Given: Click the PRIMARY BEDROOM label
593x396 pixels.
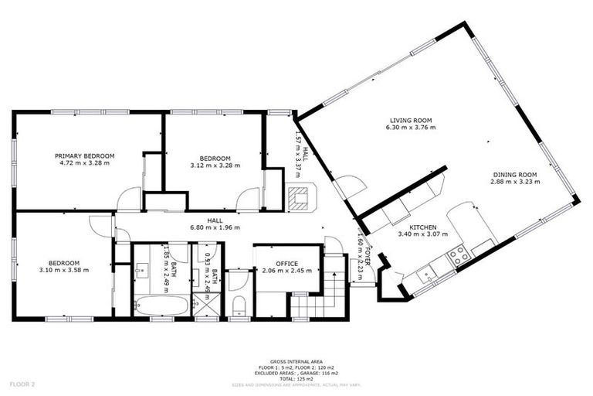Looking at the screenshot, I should [x=85, y=155].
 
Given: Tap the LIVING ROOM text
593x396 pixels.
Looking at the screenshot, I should [x=410, y=121].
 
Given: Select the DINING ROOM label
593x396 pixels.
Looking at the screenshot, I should [x=515, y=175].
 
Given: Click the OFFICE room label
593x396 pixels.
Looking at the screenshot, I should [x=287, y=261].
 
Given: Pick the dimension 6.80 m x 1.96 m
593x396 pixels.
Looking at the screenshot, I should [x=215, y=227].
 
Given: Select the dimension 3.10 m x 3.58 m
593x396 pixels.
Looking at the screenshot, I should [x=64, y=270].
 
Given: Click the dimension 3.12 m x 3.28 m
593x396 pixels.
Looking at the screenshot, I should [x=215, y=165].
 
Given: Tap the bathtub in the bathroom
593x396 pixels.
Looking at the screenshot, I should [x=160, y=305].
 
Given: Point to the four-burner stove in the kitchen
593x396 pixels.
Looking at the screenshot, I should [x=459, y=256].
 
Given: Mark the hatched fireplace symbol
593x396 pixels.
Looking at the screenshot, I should [x=297, y=200].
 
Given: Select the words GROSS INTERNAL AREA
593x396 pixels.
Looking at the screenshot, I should [x=297, y=361].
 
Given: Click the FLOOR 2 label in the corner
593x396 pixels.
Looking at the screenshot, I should [x=22, y=384].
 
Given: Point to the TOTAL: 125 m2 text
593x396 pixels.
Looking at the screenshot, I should [x=297, y=378].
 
